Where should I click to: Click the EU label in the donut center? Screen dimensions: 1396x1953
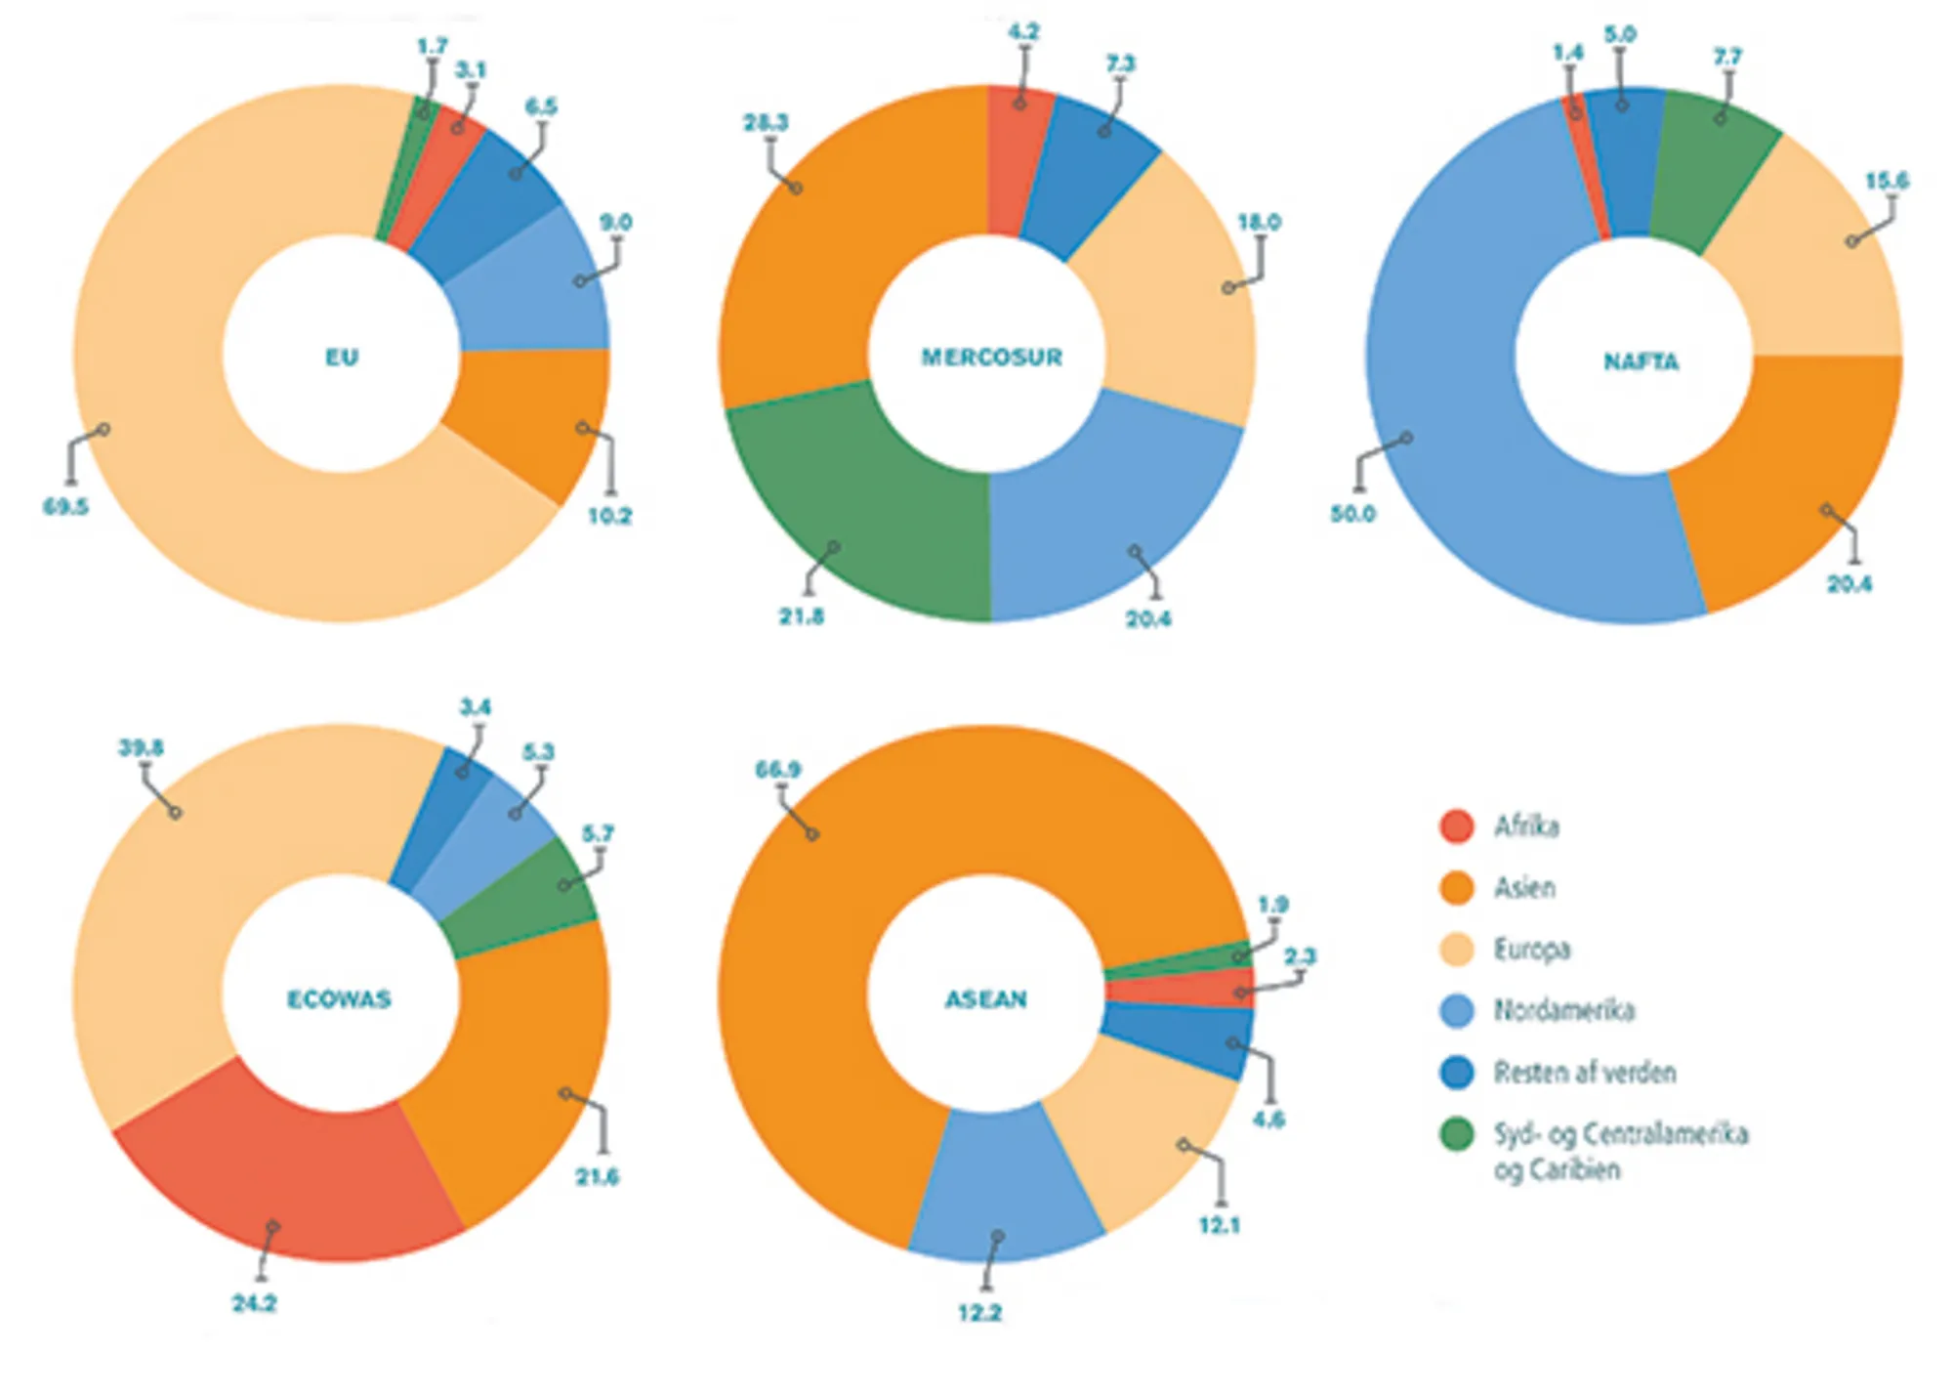[342, 358]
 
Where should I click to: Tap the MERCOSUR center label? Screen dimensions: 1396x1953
[991, 358]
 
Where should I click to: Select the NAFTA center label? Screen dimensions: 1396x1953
[1641, 362]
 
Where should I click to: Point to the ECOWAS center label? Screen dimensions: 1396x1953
[339, 999]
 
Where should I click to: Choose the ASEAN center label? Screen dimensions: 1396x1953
[986, 999]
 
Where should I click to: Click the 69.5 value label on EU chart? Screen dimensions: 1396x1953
[65, 507]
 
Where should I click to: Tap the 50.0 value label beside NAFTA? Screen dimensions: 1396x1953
[1352, 514]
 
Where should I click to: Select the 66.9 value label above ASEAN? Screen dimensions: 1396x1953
[777, 770]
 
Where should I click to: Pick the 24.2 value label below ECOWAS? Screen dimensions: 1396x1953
[254, 1303]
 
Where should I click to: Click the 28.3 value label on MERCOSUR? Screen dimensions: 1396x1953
[765, 123]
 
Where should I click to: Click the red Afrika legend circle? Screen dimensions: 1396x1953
[1457, 826]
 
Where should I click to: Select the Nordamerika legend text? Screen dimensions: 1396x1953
[1563, 1010]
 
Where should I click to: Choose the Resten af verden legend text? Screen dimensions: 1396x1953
[1584, 1073]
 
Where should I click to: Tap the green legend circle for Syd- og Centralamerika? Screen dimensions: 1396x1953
[1457, 1134]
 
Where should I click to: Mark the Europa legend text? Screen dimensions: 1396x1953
[1531, 950]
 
